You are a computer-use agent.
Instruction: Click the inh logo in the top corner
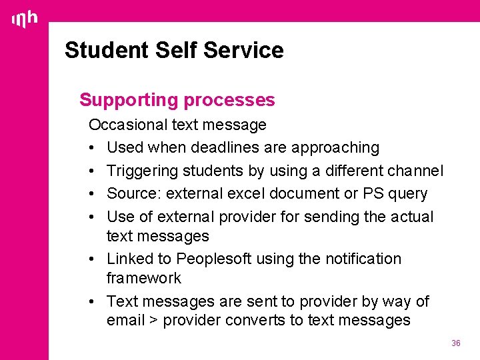(25, 19)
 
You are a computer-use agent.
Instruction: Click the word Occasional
(128, 125)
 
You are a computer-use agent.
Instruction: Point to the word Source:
(134, 193)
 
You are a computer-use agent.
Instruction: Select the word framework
(143, 277)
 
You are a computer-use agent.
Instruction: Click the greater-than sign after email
(153, 321)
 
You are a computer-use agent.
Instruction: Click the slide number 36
(456, 343)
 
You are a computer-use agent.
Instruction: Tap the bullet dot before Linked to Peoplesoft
(94, 259)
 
